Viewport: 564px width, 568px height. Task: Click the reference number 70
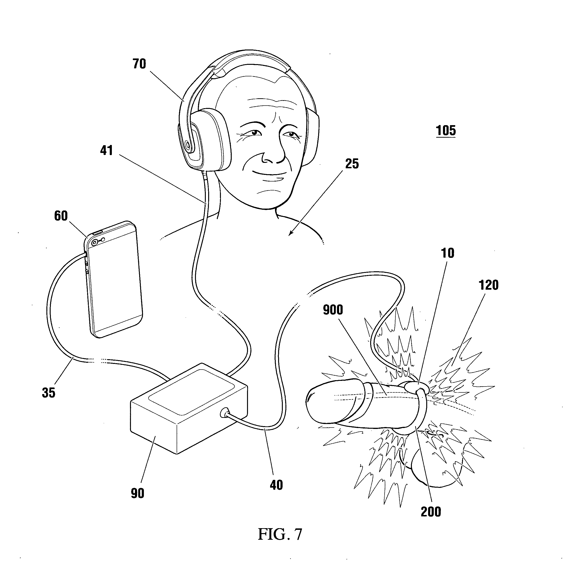139,64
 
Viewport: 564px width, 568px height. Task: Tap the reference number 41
106,151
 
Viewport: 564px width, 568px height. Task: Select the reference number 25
352,164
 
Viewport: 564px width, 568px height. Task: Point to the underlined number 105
446,131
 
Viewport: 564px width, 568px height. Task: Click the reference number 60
61,216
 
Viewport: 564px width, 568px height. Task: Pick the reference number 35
49,393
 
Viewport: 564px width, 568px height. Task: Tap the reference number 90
138,493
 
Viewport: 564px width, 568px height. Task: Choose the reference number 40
276,485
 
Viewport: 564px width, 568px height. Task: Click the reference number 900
333,310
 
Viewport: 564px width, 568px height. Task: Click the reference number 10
448,253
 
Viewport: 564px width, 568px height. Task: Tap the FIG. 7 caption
280,535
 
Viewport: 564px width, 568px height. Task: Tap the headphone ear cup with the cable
206,140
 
